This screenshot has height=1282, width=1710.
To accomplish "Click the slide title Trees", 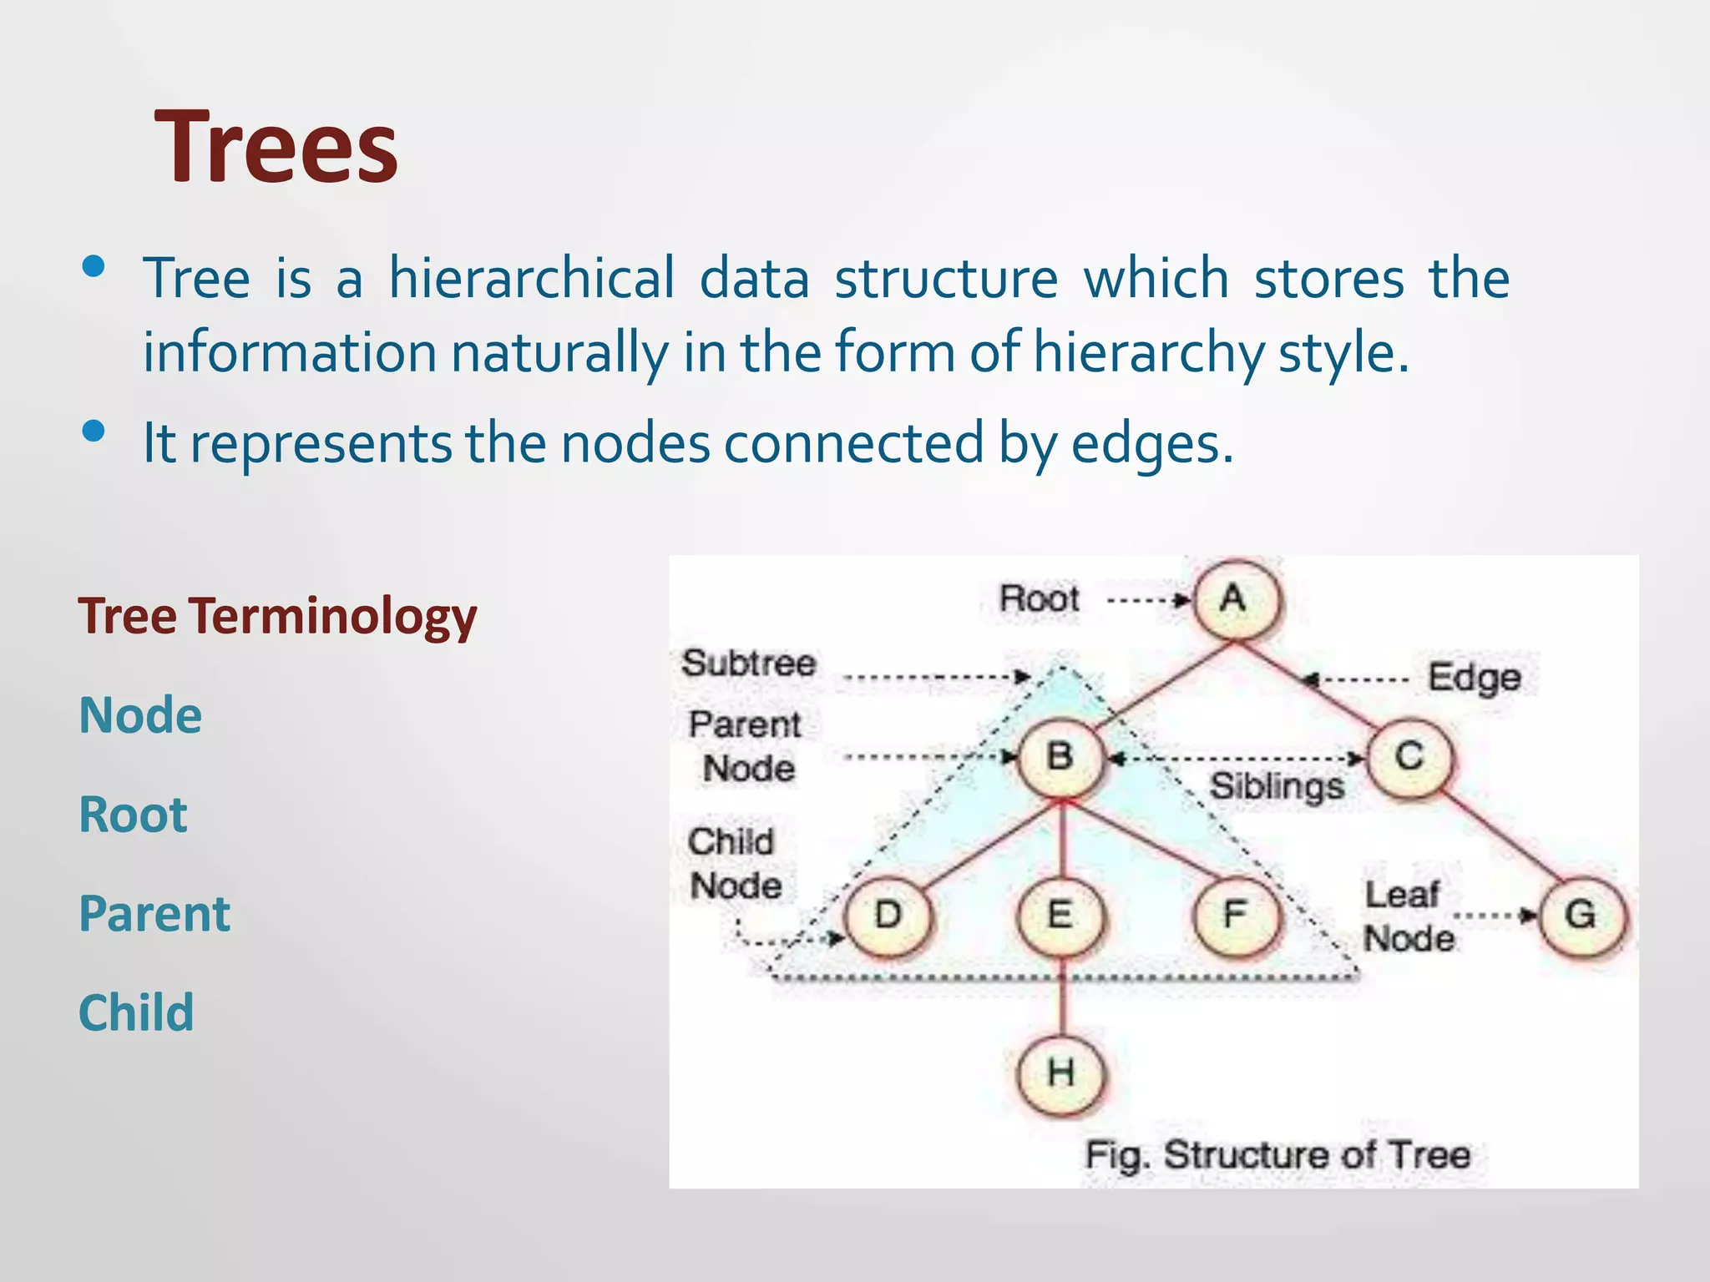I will tap(276, 148).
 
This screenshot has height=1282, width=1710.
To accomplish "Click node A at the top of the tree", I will tap(1235, 599).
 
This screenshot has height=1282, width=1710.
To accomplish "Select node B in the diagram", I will tap(1060, 757).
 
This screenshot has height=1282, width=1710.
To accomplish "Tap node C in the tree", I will tap(1409, 757).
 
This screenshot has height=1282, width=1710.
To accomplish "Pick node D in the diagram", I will tap(888, 916).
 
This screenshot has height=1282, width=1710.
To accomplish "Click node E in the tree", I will tap(1060, 916).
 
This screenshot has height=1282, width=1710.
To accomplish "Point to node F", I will tap(1235, 916).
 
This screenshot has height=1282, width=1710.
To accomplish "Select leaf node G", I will tap(1581, 916).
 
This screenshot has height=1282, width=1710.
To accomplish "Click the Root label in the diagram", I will tap(1040, 599).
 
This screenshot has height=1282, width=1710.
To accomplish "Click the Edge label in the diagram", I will tap(1474, 678).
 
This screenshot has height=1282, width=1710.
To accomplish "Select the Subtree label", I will tap(749, 664).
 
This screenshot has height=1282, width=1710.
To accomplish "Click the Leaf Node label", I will tap(1408, 917).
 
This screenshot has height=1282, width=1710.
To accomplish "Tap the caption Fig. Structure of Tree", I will tap(1277, 1156).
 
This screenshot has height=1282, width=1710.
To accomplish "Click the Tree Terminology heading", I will tap(277, 617).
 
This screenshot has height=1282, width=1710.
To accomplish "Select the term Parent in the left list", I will tap(154, 914).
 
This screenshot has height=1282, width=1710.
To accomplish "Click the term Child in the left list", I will tap(136, 1013).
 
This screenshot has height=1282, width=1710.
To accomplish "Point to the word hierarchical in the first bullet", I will tap(531, 279).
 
